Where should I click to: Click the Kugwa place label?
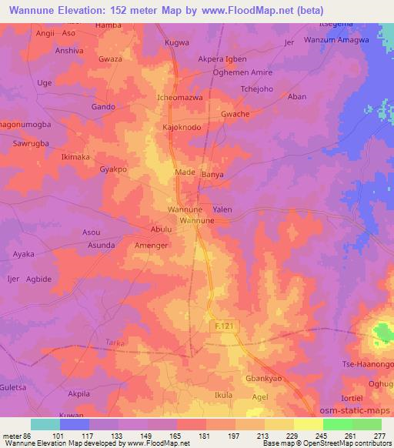point(177,43)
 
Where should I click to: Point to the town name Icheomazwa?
point(179,99)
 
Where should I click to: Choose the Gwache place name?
point(235,114)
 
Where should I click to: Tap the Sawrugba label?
point(31,144)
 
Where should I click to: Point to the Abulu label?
point(161,229)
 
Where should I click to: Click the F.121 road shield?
point(225,327)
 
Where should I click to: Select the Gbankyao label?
point(259,379)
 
